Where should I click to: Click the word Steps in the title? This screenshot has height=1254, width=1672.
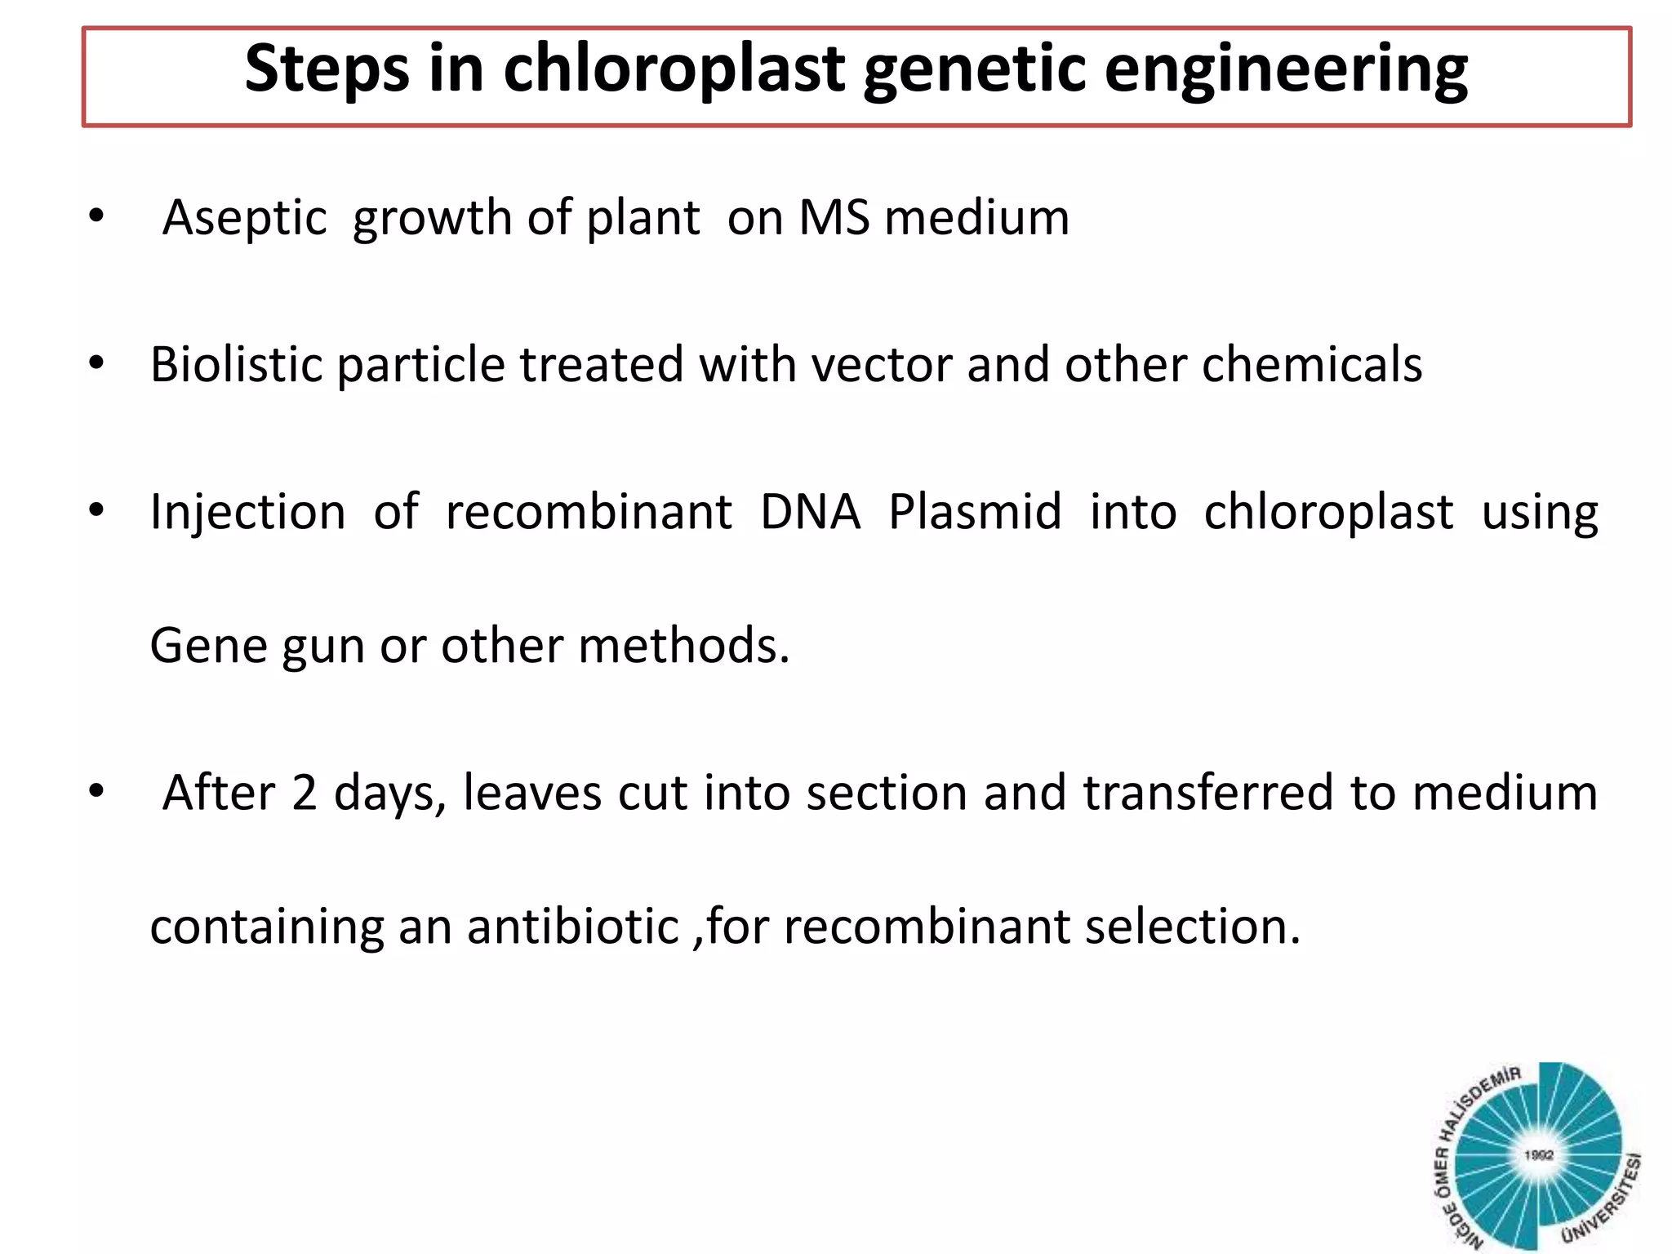pyautogui.click(x=327, y=70)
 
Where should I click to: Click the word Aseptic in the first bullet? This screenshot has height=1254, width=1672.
pyautogui.click(x=244, y=220)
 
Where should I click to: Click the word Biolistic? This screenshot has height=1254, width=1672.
pyautogui.click(x=236, y=364)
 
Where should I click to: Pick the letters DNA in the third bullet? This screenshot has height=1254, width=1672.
pyautogui.click(x=810, y=513)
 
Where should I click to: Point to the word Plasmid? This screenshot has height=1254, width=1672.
pyautogui.click(x=975, y=513)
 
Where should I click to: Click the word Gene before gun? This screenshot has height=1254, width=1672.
pyautogui.click(x=209, y=647)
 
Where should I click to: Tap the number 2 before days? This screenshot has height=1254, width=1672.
pyautogui.click(x=304, y=794)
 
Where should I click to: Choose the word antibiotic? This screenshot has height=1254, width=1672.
pyautogui.click(x=572, y=927)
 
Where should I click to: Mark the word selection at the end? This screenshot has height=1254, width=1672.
pyautogui.click(x=1191, y=927)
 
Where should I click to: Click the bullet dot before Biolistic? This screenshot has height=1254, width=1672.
pyautogui.click(x=97, y=363)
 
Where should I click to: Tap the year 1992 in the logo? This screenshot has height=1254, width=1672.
pyautogui.click(x=1538, y=1155)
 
